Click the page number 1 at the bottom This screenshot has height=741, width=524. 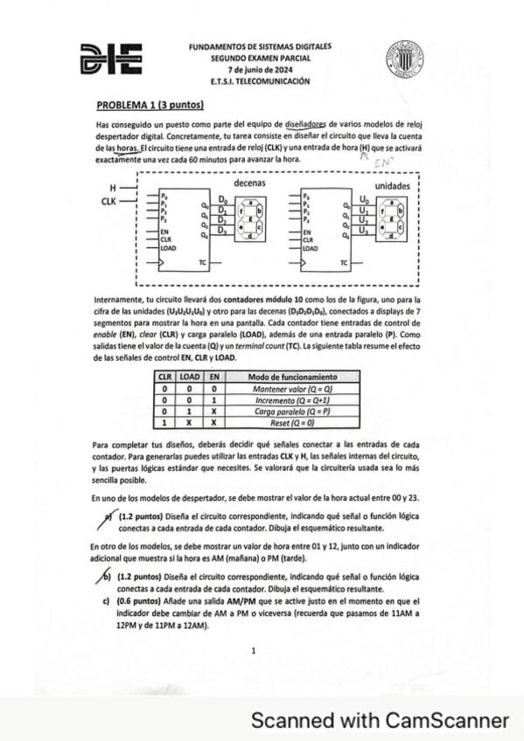coord(253,650)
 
